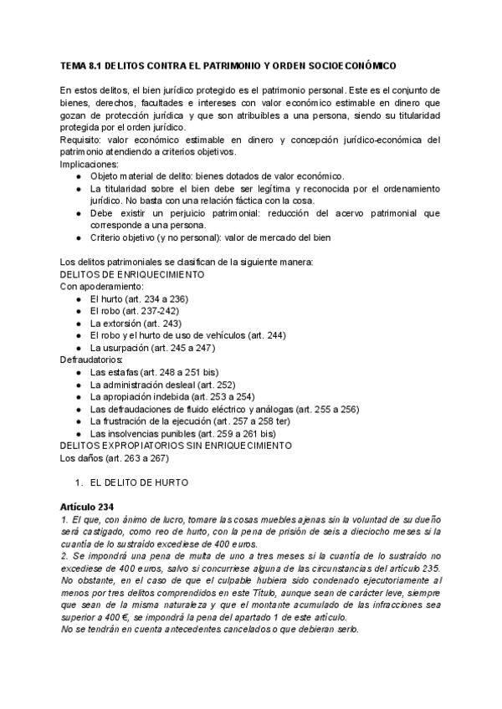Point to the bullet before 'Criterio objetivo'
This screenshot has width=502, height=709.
[x=79, y=237]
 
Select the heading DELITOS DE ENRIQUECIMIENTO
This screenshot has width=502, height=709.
[x=134, y=274]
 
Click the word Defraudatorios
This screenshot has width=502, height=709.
[x=91, y=360]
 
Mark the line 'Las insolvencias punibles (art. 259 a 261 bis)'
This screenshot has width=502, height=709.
[x=182, y=434]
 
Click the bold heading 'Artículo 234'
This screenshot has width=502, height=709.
[x=92, y=507]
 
